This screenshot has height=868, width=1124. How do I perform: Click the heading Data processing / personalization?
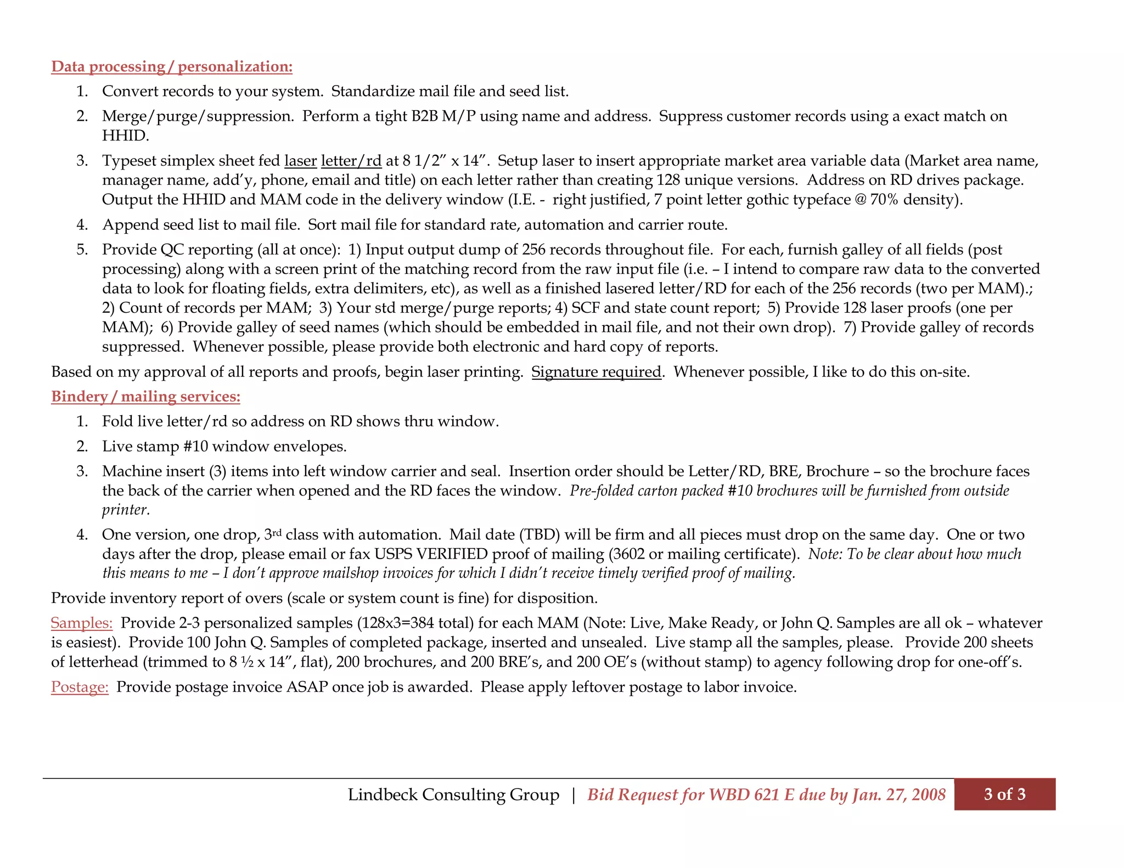[x=171, y=66]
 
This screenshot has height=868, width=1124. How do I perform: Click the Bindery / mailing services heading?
[x=145, y=396]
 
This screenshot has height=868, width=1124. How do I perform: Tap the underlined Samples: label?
[x=81, y=623]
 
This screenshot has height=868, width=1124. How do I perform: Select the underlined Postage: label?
[x=80, y=687]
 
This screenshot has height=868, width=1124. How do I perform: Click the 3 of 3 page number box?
[x=1004, y=794]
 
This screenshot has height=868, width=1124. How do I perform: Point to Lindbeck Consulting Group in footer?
[x=453, y=794]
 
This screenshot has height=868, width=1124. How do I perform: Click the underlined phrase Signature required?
[x=596, y=372]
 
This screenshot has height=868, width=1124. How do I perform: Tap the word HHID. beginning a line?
[x=125, y=136]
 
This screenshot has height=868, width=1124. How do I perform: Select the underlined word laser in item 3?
[x=300, y=161]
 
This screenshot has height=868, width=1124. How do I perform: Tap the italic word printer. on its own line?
[x=126, y=510]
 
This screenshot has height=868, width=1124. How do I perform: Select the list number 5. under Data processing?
[x=82, y=250]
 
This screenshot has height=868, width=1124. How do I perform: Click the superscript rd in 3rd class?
[x=277, y=532]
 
